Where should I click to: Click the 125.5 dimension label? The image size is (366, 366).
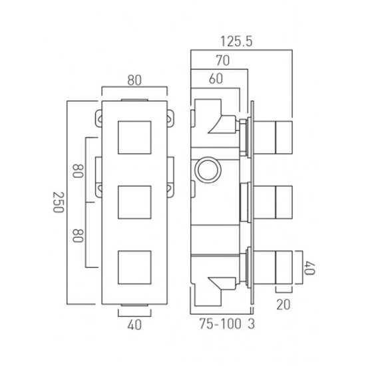236,41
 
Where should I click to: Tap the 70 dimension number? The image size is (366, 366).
223,61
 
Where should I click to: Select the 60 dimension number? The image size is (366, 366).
216,79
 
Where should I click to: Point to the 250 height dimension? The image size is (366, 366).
59,202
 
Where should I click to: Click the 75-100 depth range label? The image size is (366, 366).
220,324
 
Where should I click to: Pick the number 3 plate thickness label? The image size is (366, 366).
251,324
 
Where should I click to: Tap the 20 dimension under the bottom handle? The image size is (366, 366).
283,305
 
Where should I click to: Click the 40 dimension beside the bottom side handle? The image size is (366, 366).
309,268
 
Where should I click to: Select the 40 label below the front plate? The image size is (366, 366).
134,325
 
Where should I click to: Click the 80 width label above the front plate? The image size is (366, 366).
134,81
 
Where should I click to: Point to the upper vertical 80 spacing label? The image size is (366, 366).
78,171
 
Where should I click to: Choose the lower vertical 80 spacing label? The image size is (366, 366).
78,236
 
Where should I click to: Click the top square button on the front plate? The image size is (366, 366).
134,138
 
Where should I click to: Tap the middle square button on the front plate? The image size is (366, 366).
134,202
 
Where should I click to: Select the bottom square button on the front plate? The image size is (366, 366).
134,268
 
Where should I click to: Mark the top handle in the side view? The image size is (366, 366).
273,138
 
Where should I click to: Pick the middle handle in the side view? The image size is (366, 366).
273,202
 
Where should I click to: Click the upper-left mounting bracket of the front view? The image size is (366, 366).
98,118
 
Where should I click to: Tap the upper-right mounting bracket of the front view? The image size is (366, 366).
170,118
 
